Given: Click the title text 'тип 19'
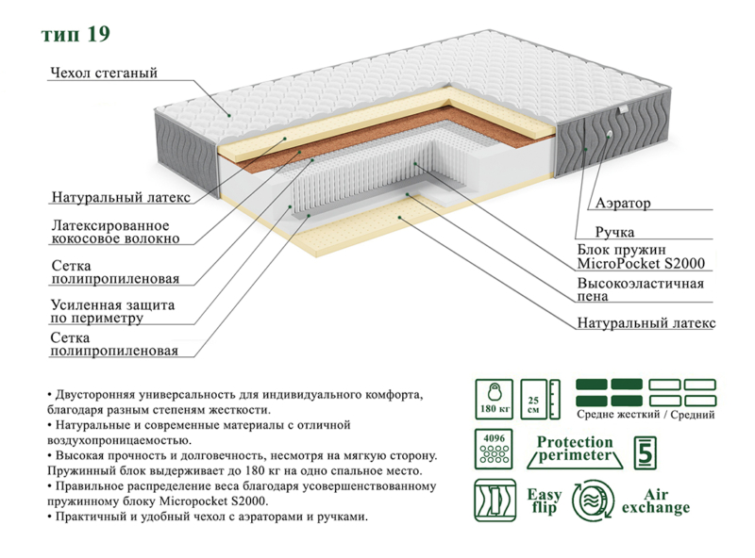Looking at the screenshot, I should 75,35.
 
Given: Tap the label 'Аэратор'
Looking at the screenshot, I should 623,203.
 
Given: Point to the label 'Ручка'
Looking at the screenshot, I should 613,231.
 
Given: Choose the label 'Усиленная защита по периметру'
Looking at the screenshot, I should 112,312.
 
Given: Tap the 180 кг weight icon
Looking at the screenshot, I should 491,399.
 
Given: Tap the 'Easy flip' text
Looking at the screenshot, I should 545,501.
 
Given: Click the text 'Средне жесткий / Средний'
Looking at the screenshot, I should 646,415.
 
